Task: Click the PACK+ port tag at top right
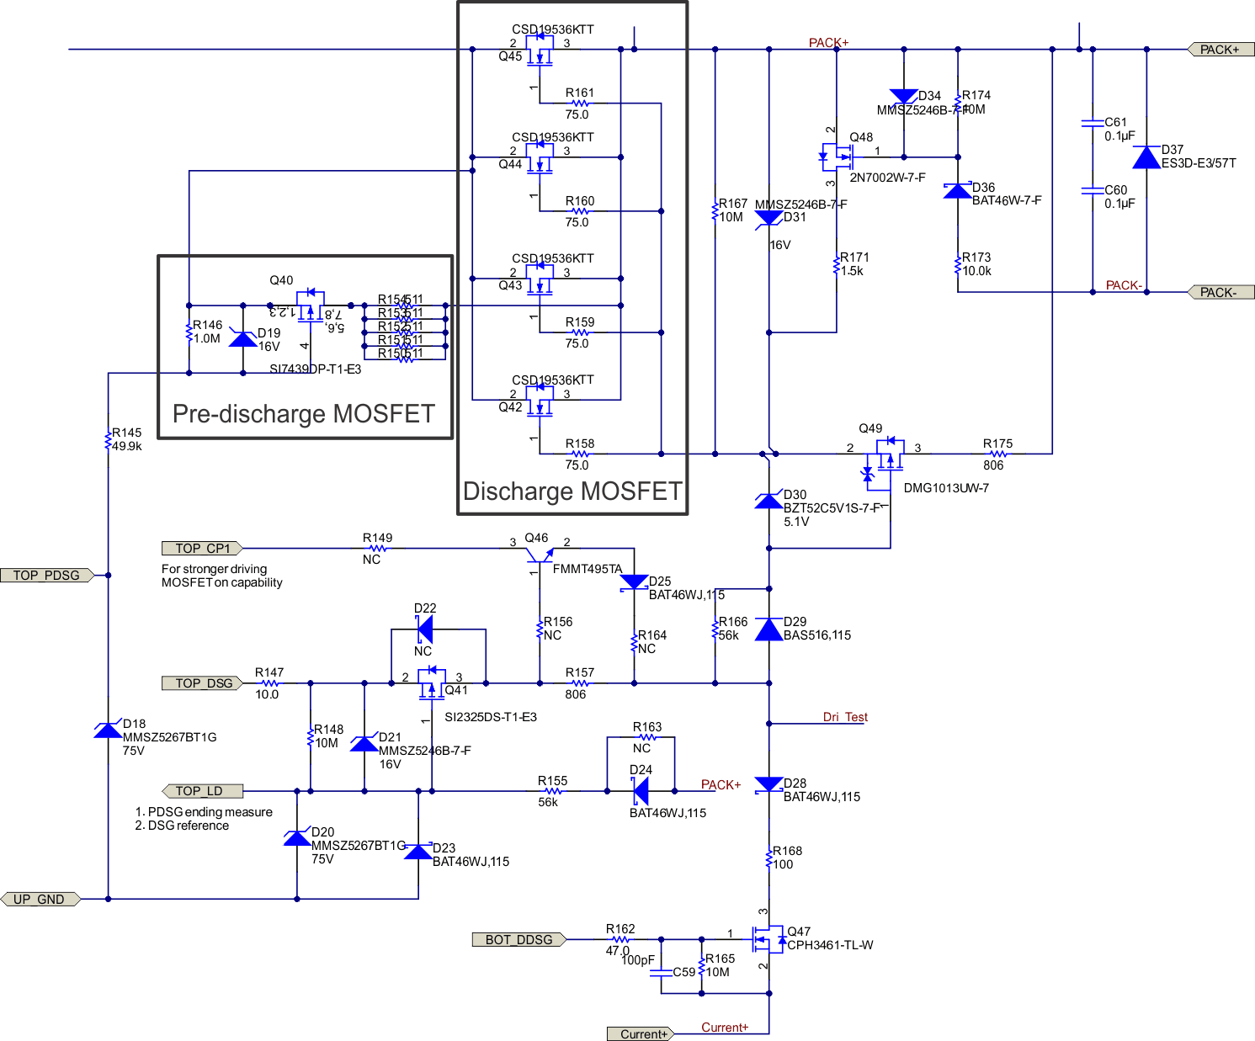coord(1220,50)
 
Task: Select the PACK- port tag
coord(1220,292)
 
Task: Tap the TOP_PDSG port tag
coord(47,576)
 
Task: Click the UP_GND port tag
coord(40,899)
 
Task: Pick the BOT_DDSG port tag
coord(518,939)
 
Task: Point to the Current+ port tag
coord(641,1034)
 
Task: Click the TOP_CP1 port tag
coord(202,549)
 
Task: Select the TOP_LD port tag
coord(202,791)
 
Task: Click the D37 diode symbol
coord(1146,157)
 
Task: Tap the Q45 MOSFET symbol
coord(539,50)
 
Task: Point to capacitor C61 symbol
coord(1093,123)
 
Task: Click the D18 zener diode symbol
coord(109,730)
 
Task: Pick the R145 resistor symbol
coord(109,439)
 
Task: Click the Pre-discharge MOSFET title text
coord(304,414)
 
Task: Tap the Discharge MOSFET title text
coord(572,491)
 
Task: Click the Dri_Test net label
coord(845,717)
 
